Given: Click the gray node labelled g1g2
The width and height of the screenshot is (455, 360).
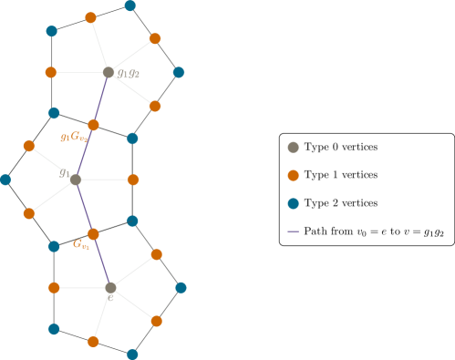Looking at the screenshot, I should pos(109,72).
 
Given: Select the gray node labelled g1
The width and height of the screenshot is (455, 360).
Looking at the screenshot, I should pos(76,180).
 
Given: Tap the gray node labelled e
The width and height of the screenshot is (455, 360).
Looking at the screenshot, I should pos(110,287).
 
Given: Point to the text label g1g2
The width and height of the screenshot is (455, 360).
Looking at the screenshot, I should pos(129,73).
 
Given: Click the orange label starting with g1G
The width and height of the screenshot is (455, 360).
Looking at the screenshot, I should pos(74,138).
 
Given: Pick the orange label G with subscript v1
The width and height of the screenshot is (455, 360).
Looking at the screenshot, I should pos(81,244).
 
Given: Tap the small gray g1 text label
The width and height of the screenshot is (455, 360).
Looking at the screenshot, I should pos(65,173).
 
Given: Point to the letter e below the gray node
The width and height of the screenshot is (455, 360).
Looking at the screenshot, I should pos(110,297).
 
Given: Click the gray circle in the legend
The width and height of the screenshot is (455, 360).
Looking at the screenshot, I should pos(293,147).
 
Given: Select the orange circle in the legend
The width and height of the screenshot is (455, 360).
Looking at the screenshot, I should pos(293,175).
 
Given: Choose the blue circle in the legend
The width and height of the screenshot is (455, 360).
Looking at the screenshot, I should pos(293,203).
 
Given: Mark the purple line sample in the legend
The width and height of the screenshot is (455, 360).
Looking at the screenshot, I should pos(293,231).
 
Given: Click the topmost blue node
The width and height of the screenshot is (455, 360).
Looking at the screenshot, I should pos(130,5).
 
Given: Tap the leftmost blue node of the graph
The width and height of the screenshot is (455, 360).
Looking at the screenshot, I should pos(5,180).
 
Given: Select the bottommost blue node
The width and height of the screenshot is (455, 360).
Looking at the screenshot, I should pos(132,354).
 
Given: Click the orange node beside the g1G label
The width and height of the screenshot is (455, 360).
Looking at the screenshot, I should pos(93,125).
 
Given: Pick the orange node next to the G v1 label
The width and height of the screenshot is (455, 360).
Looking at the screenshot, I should pos(93,234).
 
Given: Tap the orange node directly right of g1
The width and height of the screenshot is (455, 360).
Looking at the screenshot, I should pos(133,180).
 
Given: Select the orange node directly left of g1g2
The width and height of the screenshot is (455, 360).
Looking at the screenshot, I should pos(51,72).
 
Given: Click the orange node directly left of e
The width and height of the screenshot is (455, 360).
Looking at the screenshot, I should pos(54,287).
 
